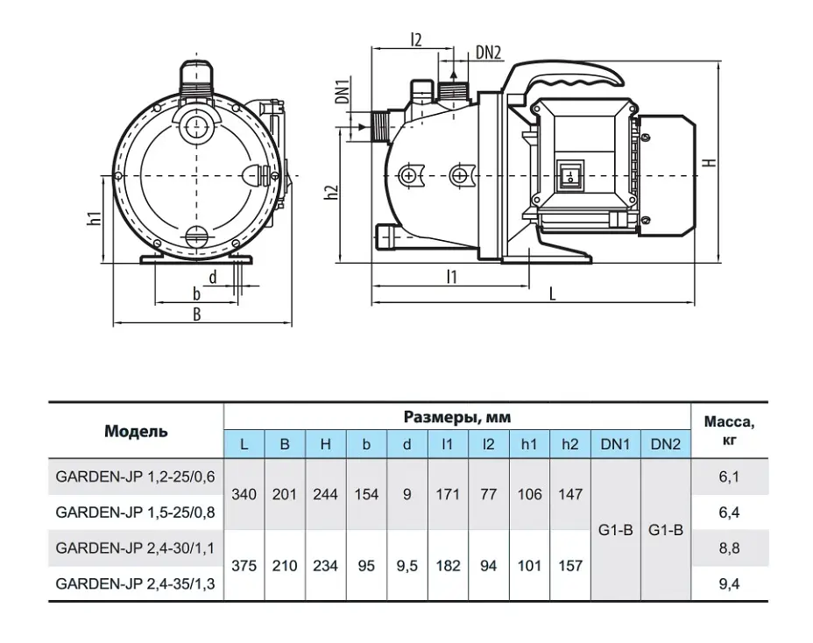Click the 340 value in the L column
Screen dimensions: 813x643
(244, 494)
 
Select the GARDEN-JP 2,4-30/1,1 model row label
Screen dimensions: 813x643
(135, 548)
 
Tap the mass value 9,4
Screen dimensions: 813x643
(729, 584)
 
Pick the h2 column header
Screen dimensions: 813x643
(569, 444)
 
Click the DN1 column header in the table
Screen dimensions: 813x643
(616, 444)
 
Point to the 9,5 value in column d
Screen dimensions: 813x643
(407, 566)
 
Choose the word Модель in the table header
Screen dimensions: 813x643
(136, 431)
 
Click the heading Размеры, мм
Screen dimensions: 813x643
(457, 417)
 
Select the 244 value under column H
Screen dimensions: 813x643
(325, 494)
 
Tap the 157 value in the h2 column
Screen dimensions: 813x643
(569, 566)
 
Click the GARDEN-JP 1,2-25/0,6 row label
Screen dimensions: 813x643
(135, 477)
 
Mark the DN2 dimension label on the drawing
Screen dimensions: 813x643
(489, 53)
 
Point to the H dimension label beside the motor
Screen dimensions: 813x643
(711, 162)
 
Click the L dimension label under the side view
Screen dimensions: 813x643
(552, 294)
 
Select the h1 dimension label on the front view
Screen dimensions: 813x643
(94, 218)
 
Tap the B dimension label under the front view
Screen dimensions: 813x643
(196, 314)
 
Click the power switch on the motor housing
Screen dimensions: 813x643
(569, 174)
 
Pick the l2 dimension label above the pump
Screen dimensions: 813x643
(416, 39)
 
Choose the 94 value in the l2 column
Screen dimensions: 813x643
(489, 566)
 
